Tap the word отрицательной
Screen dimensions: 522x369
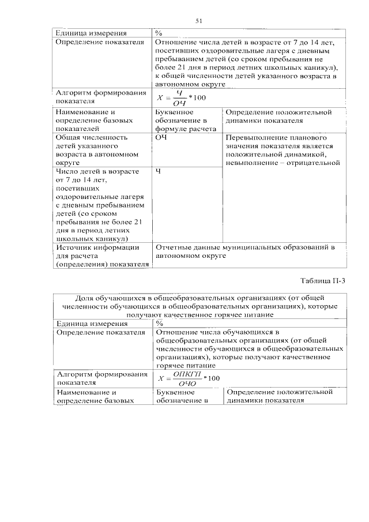[314, 163]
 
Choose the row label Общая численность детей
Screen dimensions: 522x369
[97, 151]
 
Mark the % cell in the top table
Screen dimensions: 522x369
[159, 33]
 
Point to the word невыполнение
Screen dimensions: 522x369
[250, 163]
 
